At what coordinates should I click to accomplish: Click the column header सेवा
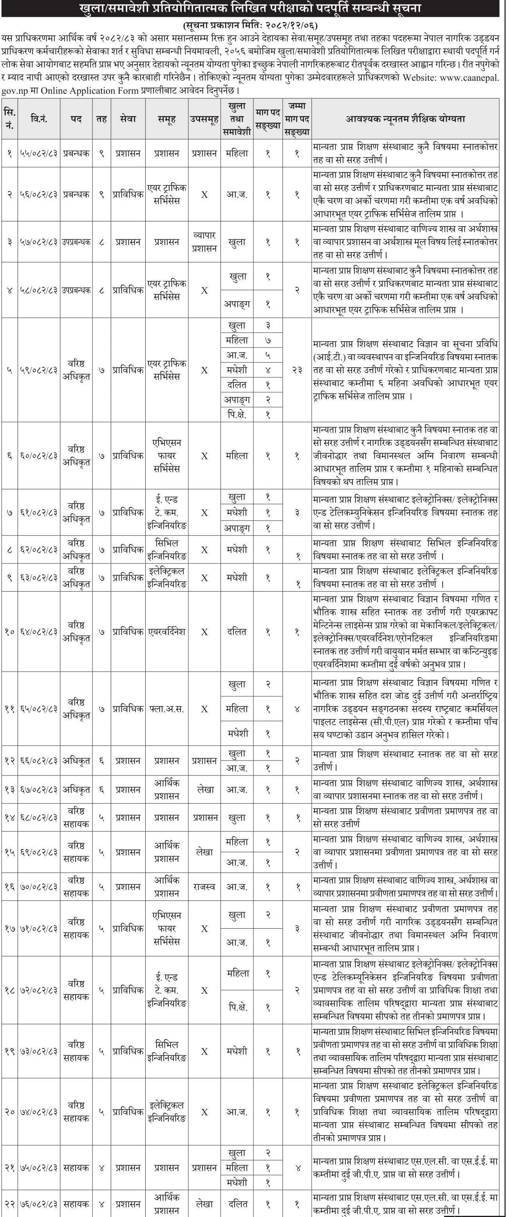128,119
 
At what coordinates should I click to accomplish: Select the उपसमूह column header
204,119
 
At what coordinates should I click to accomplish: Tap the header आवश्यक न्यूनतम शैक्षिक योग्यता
405,119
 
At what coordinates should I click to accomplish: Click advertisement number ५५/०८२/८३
39,153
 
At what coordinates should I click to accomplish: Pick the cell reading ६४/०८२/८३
39,632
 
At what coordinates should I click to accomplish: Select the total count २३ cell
297,370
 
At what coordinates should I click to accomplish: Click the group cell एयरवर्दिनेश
167,632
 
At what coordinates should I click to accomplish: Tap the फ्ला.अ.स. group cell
167,709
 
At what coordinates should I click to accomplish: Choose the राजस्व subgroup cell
204,887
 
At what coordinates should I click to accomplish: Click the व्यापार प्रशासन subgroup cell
204,241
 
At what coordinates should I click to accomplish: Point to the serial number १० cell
9,632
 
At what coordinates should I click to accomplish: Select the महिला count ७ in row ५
267,340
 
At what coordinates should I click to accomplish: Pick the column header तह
101,119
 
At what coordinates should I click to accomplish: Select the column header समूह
167,119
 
